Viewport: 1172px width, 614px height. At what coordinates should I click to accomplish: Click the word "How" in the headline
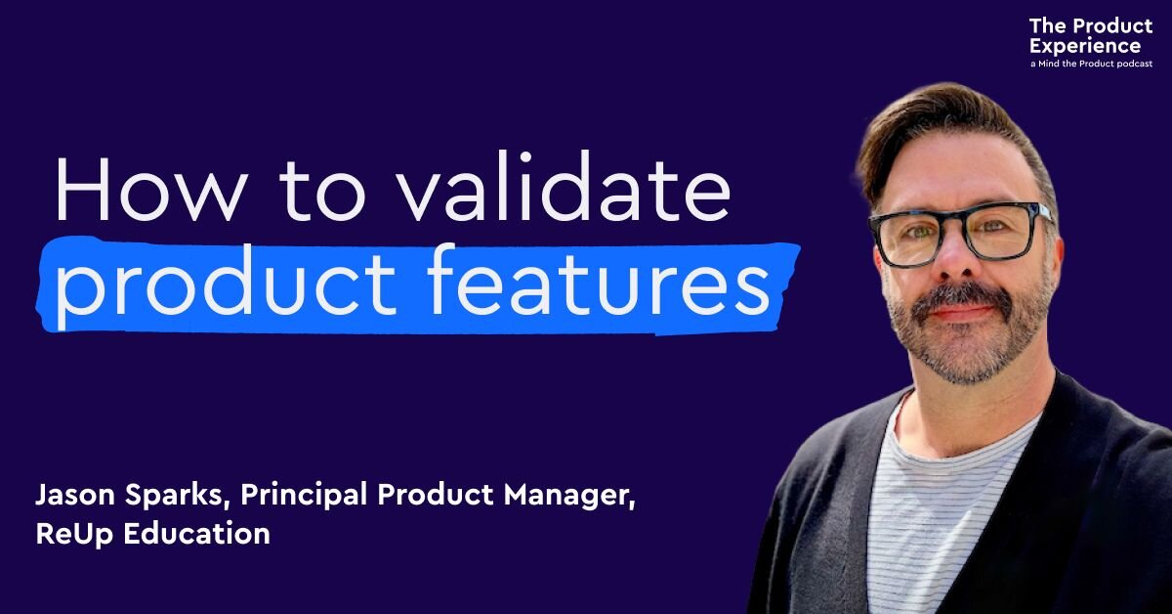[151, 189]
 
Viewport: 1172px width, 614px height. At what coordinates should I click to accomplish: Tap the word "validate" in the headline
[562, 186]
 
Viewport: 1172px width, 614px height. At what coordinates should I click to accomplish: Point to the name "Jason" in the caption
[75, 495]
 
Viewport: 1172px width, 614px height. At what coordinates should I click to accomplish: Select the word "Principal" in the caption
[304, 495]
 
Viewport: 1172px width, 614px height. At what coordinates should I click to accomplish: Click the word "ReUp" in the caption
[74, 535]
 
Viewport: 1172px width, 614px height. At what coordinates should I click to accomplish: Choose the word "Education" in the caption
[196, 534]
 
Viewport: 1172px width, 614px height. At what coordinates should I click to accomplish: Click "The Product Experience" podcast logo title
[1090, 35]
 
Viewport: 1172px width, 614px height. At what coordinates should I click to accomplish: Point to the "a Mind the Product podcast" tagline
[1092, 64]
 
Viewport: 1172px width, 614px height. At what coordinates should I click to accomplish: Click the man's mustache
[962, 296]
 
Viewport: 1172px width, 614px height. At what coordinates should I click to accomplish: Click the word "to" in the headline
[321, 191]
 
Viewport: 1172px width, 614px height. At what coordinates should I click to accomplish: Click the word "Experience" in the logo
[1085, 47]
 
